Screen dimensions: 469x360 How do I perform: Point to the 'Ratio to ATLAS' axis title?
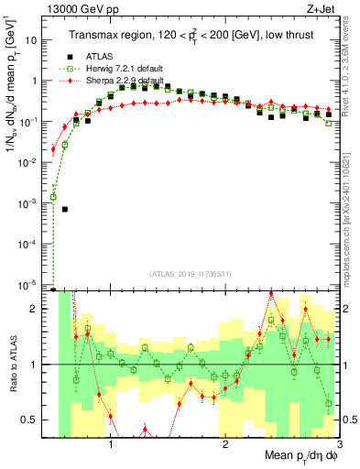click(x=13, y=364)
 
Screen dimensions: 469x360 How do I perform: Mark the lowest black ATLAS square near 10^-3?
click(x=65, y=209)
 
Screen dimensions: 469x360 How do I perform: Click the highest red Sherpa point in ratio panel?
click(x=271, y=294)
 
